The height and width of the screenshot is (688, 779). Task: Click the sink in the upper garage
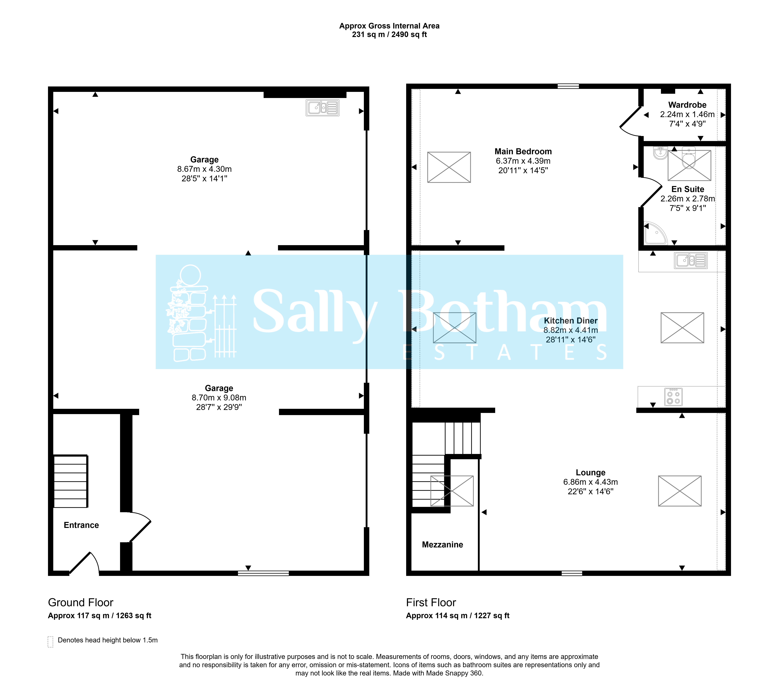tap(322, 108)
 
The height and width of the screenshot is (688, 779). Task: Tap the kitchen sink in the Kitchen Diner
tap(691, 261)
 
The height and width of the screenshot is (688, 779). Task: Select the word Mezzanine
tap(442, 545)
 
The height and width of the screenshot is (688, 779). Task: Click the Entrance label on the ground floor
tap(81, 525)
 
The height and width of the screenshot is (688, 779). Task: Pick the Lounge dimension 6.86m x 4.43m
tap(590, 482)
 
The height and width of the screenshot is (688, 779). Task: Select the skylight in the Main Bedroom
tap(449, 167)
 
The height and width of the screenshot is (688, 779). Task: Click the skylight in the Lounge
tap(680, 491)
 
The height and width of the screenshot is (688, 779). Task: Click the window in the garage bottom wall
tap(263, 573)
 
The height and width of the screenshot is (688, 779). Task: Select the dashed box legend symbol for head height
tap(50, 642)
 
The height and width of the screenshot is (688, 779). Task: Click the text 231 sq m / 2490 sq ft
tap(389, 35)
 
